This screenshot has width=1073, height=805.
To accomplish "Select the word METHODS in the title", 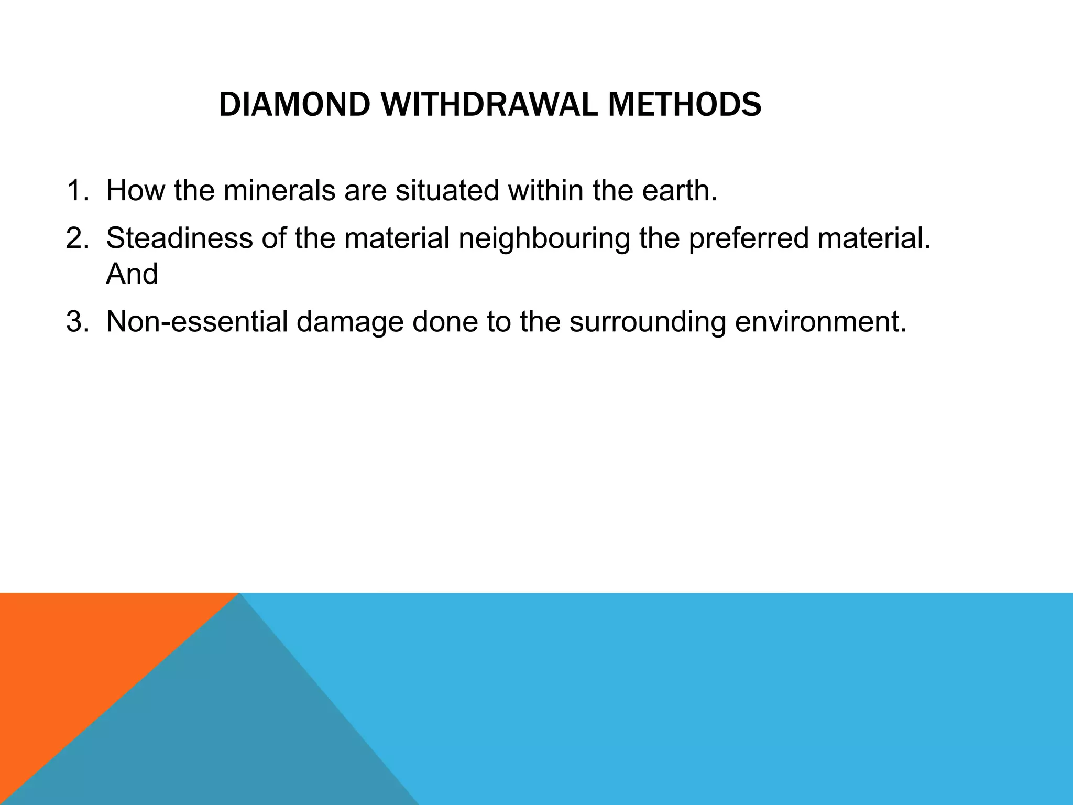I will click(684, 105).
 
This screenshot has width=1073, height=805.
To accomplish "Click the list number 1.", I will click(77, 190).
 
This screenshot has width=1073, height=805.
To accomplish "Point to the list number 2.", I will click(77, 238).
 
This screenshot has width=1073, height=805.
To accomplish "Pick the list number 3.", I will click(77, 321).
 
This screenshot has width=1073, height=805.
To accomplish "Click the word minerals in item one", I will click(279, 190).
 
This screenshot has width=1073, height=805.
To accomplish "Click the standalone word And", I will click(132, 274).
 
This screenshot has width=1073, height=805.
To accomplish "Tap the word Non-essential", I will click(196, 321).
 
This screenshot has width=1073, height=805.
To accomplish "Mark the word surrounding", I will click(647, 322).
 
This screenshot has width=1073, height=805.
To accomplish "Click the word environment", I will click(820, 321).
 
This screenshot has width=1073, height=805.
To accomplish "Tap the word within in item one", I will click(545, 190).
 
